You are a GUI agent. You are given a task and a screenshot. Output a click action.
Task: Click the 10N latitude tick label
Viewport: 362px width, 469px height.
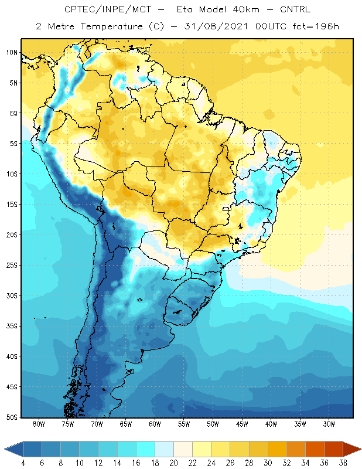point(12,52)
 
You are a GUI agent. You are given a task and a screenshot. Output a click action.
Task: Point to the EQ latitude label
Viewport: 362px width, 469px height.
point(13,113)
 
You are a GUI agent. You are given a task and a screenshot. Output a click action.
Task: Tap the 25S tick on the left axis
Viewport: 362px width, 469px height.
point(12,265)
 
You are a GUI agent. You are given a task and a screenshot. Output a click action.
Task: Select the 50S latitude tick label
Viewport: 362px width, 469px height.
point(12,417)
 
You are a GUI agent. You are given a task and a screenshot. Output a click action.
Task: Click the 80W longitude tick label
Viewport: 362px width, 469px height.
point(39,424)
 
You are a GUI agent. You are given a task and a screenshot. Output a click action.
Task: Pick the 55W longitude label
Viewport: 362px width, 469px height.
point(184,424)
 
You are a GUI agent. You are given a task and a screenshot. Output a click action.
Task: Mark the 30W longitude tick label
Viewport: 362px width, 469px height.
point(328,424)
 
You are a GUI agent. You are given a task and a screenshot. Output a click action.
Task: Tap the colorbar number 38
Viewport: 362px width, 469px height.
point(343,463)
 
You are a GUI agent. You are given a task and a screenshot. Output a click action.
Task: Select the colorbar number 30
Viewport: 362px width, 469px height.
point(268,463)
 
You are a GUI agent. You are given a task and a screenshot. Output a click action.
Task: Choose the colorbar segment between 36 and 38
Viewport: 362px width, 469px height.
point(333,449)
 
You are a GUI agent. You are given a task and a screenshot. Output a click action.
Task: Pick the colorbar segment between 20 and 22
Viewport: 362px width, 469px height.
point(165,449)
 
